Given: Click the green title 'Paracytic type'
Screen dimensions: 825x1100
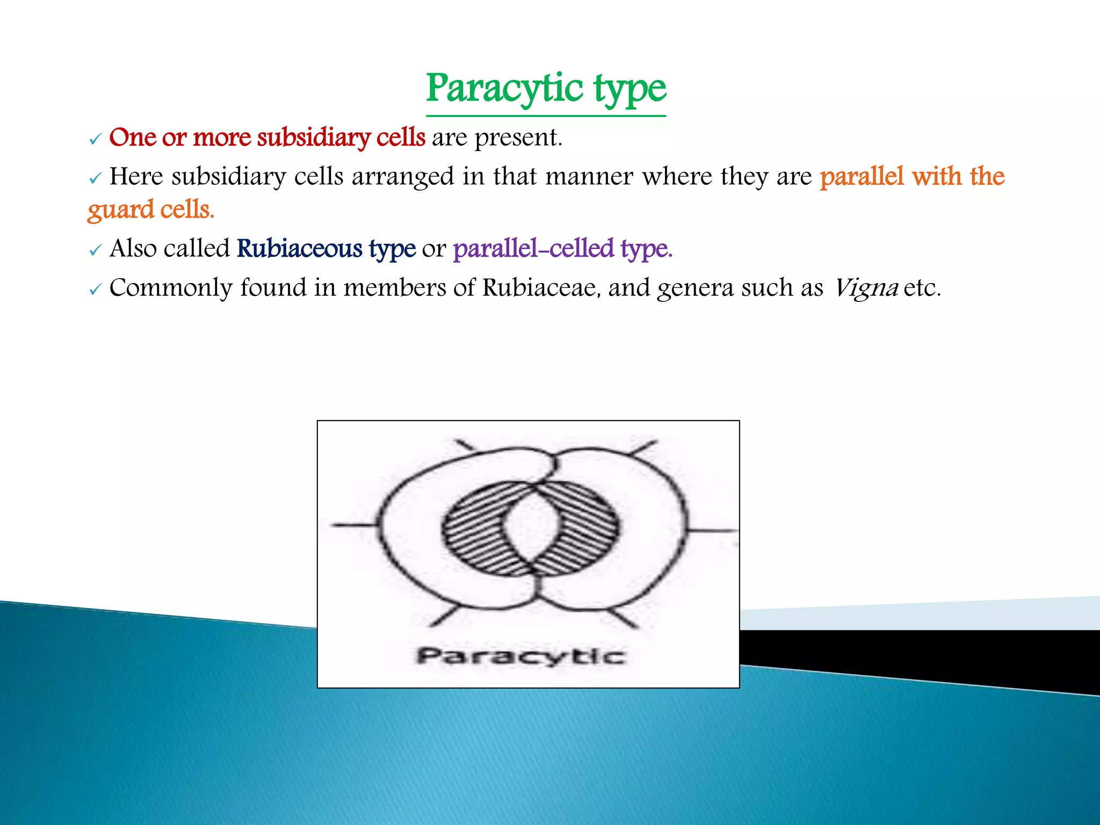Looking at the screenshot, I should click(546, 89).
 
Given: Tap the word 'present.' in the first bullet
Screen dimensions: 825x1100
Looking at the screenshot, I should click(518, 138).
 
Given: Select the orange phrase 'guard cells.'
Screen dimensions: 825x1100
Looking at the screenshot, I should click(151, 209).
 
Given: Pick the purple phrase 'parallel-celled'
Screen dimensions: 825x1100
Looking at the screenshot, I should click(533, 249).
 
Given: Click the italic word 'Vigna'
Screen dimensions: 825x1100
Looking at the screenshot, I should click(865, 288).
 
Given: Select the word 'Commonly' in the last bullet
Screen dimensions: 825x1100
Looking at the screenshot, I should click(171, 288).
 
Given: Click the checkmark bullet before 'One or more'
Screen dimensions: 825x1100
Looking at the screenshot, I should click(95, 140).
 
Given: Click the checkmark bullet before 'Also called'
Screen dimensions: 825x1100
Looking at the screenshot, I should click(95, 250).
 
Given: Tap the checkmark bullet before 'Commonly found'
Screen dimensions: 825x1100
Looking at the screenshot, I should click(95, 290).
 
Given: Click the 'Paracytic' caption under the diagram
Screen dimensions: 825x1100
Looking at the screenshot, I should click(520, 656).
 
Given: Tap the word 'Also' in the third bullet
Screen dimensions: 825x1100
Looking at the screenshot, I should click(133, 249).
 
